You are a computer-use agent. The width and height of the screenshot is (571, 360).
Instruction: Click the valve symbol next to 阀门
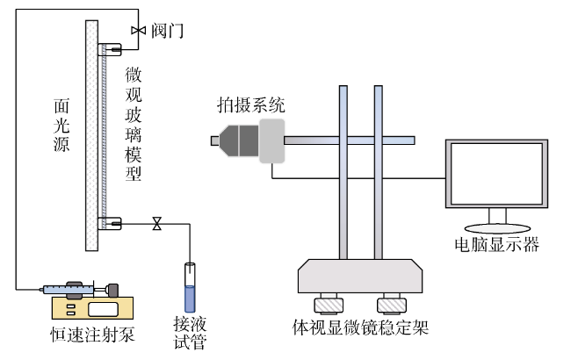coord(139,31)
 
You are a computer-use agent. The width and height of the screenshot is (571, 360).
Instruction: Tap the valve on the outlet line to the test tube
coord(157,224)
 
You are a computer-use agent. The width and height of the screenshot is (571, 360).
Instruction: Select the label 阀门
coord(167,31)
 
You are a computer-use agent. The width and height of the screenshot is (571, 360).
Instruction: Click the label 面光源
coord(61,125)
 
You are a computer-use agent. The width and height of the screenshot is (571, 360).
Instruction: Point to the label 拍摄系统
coord(251,105)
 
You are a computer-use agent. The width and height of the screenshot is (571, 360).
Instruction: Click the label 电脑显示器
coord(496,245)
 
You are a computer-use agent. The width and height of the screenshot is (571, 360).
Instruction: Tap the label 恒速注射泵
coord(92,335)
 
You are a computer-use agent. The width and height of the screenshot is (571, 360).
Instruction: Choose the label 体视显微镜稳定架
coord(360,328)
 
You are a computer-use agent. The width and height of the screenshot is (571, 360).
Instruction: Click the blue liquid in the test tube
coord(190,299)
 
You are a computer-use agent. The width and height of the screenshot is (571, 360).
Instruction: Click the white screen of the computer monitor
coord(496,173)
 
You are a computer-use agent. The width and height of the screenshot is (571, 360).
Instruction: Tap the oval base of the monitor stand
coord(497,228)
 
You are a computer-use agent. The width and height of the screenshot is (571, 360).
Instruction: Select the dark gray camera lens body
coord(239,140)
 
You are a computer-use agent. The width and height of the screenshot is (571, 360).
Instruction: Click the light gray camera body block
coord(271,140)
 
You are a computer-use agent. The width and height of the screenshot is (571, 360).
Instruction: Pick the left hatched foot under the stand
coord(329,305)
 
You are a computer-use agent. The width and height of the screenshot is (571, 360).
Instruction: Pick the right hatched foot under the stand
coord(392,305)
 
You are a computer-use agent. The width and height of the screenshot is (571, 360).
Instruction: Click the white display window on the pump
coord(103,309)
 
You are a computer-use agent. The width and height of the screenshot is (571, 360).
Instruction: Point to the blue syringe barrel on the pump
coord(69,290)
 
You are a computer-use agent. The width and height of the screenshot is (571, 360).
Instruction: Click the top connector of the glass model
coord(109,49)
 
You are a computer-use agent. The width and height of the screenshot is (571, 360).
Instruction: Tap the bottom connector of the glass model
coord(109,223)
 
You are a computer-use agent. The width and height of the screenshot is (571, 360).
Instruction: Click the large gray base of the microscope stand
coord(360,276)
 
